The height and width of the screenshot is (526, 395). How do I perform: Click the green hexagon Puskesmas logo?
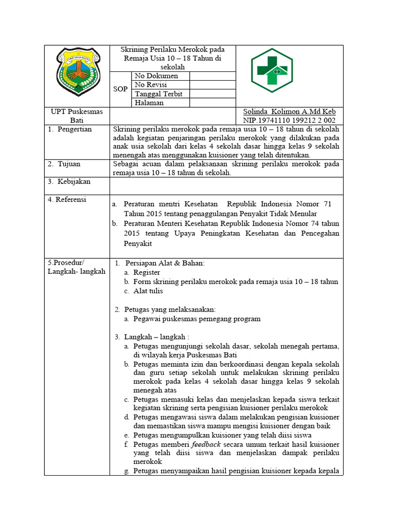[x=275, y=70]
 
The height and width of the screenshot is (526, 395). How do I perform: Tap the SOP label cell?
[x=120, y=89]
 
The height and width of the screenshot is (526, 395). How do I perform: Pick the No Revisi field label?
[x=151, y=85]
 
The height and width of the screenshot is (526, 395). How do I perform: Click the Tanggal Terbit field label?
[x=159, y=94]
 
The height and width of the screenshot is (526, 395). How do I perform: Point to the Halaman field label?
[x=149, y=103]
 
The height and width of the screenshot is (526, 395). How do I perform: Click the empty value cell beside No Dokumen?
[x=212, y=76]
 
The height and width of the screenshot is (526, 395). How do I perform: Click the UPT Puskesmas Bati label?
[x=77, y=116]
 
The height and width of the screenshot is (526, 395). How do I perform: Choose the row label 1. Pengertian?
[x=70, y=129]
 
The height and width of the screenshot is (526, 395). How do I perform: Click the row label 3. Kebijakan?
[x=69, y=181]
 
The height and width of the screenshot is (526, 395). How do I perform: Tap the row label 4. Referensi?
[x=67, y=199]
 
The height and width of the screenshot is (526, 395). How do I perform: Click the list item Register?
[x=147, y=272]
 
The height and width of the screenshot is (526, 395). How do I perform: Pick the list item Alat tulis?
[x=148, y=291]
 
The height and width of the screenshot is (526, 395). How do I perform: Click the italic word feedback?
[x=206, y=444]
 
